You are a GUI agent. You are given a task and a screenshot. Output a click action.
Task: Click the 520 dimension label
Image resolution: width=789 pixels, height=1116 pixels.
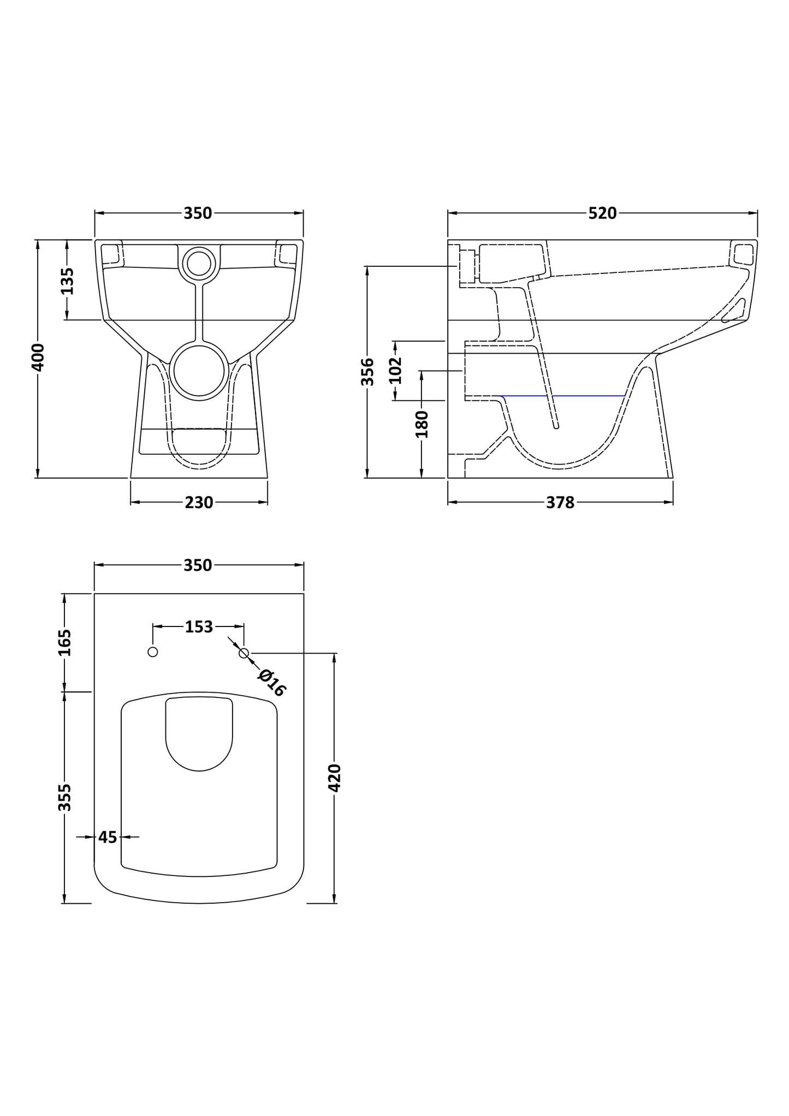602,213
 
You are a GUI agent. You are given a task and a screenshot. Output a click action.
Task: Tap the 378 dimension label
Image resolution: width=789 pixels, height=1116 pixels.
560,503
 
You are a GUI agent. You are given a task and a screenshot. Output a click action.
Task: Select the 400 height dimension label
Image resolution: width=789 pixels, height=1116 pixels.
38,357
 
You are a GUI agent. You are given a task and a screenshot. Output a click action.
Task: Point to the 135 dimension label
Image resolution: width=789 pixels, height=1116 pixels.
67,281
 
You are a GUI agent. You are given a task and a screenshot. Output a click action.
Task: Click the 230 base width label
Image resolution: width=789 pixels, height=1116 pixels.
199,503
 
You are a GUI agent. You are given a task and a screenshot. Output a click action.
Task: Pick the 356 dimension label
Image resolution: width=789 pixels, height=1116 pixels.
368,372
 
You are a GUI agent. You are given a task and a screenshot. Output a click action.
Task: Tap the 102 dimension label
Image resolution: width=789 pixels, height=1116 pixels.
396,370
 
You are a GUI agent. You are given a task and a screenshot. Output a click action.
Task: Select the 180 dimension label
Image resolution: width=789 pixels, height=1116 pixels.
422,424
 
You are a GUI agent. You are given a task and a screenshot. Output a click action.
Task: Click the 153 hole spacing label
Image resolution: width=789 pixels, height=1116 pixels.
199,627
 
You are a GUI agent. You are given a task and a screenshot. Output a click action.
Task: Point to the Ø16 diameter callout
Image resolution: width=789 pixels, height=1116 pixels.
272,682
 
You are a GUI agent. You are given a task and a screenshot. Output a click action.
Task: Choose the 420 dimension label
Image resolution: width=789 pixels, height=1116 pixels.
334,778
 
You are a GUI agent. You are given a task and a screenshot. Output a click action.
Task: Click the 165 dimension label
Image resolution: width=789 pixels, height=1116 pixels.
65,642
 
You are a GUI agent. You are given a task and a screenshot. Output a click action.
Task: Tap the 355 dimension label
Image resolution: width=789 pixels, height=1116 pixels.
65,797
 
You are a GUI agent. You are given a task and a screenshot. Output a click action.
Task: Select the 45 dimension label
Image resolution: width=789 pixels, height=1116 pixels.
108,837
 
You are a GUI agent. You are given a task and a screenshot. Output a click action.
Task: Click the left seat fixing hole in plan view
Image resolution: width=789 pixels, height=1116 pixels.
153,652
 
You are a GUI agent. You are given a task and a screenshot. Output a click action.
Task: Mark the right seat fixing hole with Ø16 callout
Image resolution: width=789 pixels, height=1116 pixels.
244,653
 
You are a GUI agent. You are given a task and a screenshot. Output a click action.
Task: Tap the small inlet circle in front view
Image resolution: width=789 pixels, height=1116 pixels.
199,264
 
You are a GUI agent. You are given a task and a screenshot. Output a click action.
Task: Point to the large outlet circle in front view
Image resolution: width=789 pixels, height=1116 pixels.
199,372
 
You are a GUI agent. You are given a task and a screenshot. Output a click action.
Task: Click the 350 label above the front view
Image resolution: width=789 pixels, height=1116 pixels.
198,213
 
